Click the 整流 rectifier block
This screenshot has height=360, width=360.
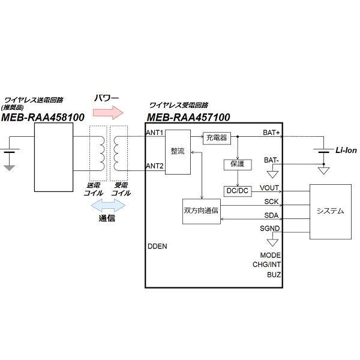[177, 151]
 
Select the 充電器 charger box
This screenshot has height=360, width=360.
[216, 138]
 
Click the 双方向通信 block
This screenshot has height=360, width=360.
[202, 211]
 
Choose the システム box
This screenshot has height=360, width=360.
[329, 211]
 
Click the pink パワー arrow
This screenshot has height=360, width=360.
[107, 111]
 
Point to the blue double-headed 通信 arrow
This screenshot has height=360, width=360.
[107, 206]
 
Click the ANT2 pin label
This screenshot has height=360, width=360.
[155, 166]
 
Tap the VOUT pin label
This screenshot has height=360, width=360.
[269, 188]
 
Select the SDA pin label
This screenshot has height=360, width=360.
[271, 215]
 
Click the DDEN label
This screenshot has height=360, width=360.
[157, 247]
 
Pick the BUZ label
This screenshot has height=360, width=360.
[274, 275]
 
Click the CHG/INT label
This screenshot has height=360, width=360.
[266, 265]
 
